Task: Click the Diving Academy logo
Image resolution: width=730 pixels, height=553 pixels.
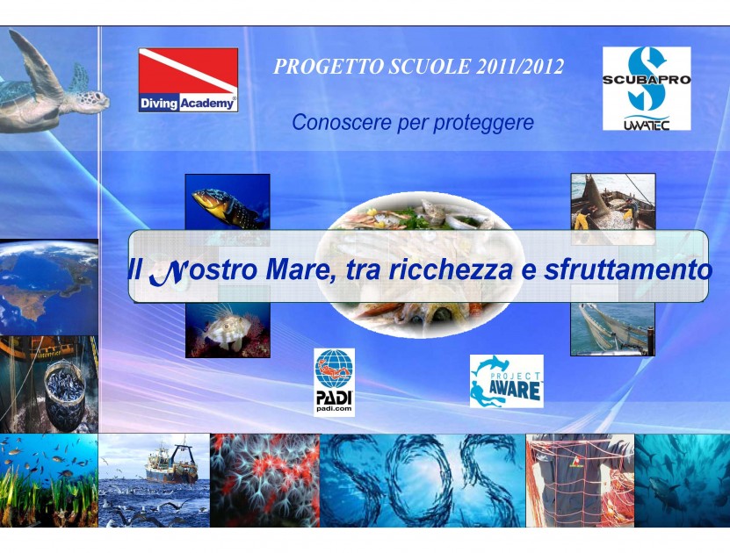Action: pos(188,80)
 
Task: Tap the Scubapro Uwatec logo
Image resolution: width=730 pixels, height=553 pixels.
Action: pos(647,89)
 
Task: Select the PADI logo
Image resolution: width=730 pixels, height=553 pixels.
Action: pos(335,383)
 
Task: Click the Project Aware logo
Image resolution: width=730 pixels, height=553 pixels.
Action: pos(507,381)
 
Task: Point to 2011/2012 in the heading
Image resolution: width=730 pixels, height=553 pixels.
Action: pos(520,67)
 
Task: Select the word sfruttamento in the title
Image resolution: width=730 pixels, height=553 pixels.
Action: pos(628,269)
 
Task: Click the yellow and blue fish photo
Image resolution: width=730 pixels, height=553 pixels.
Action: pos(228,203)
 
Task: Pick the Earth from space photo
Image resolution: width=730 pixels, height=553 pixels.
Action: pos(49,287)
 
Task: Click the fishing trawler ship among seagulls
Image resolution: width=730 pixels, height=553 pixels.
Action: pos(171,463)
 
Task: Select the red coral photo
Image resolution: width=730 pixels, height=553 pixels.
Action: pos(265,480)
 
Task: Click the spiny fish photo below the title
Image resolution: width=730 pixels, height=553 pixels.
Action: pos(228,329)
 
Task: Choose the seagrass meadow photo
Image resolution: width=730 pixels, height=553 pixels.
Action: pos(49,480)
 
